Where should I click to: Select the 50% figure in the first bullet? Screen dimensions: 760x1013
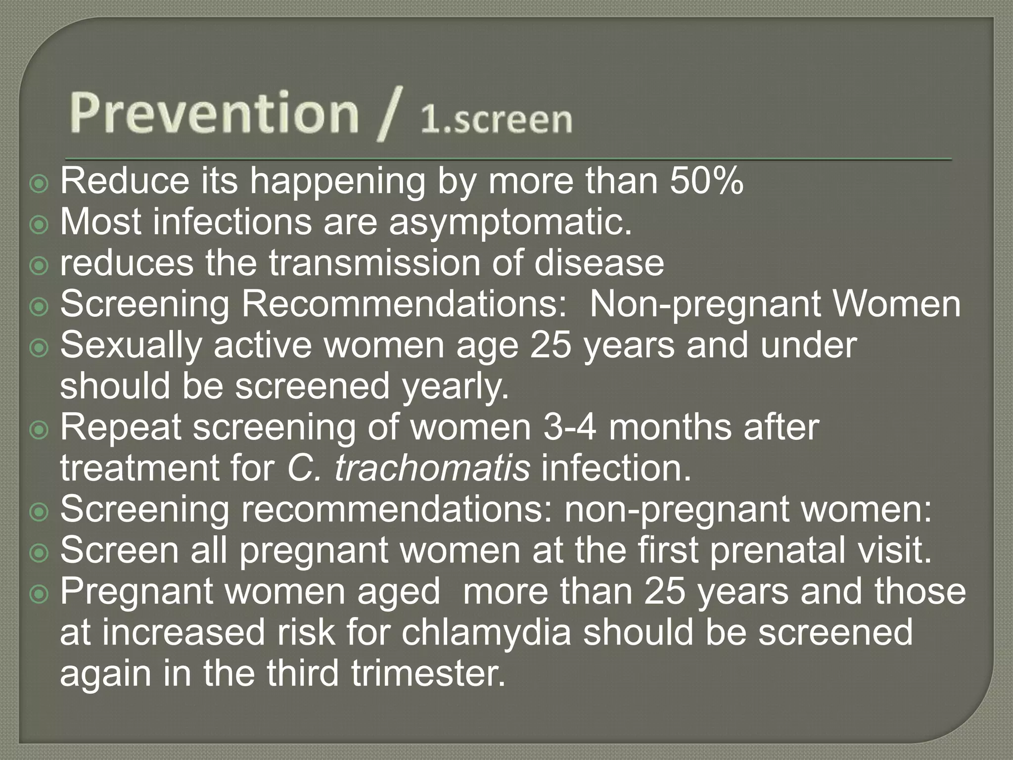706,181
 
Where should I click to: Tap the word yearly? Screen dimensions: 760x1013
455,386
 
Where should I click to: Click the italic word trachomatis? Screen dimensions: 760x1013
432,468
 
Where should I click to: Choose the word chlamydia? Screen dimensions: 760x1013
486,632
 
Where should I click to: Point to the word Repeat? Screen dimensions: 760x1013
121,427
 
